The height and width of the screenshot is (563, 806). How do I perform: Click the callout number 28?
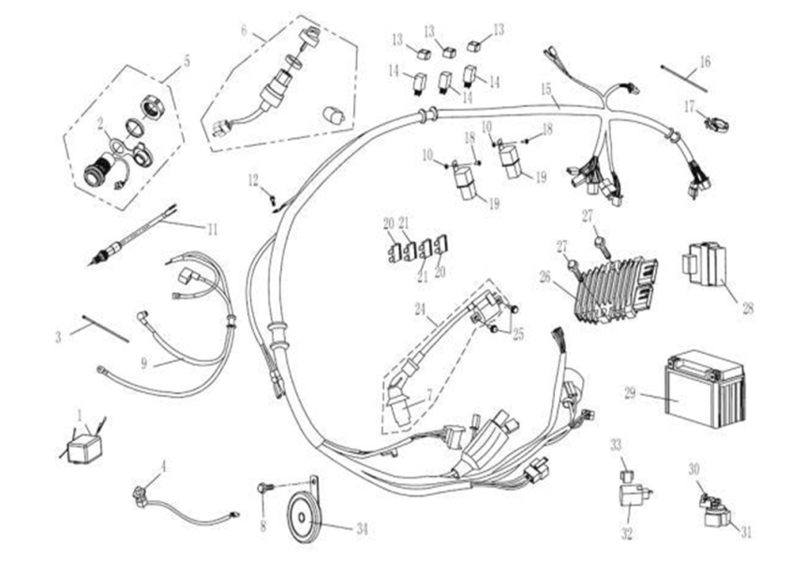pos(747,307)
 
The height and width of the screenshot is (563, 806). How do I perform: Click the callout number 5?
pos(186,61)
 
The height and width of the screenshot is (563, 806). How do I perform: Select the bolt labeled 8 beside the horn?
pos(263,488)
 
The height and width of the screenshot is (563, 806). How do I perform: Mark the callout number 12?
pos(253,178)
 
